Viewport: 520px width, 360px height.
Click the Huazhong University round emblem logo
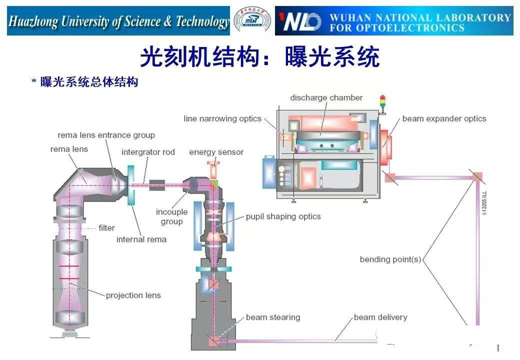click(252, 21)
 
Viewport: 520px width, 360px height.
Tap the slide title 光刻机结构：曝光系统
click(259, 57)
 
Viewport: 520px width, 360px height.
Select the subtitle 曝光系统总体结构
click(88, 82)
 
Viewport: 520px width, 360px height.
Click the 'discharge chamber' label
click(326, 97)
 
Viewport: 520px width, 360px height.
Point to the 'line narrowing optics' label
click(222, 118)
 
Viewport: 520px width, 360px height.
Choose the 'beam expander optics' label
click(444, 118)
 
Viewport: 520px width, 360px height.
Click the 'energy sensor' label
click(216, 152)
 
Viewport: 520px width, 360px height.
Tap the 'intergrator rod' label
click(148, 152)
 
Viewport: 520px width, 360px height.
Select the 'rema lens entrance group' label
click(106, 135)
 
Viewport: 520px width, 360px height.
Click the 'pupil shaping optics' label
click(283, 216)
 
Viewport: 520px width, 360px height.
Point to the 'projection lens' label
click(133, 295)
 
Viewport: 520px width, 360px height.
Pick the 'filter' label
click(106, 227)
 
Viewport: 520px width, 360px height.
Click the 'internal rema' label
click(141, 239)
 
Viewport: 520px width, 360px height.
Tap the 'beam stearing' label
click(273, 317)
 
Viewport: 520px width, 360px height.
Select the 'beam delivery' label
click(380, 317)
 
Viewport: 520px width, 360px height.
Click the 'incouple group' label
click(171, 216)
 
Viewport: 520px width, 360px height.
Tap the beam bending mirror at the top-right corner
click(476, 176)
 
